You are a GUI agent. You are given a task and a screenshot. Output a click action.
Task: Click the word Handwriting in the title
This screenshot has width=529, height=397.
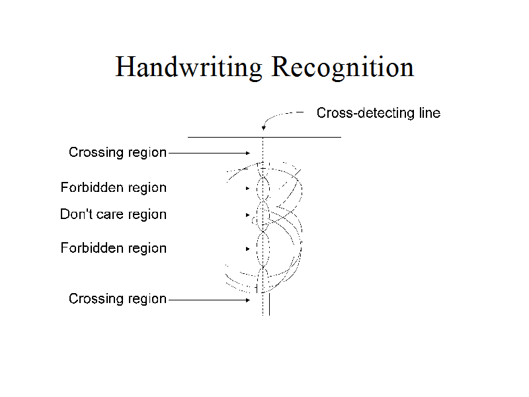[189, 67]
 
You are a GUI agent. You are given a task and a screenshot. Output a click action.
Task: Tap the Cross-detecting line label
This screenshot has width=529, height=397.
[378, 113]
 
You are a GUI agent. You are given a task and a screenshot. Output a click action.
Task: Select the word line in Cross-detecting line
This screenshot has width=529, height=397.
[429, 113]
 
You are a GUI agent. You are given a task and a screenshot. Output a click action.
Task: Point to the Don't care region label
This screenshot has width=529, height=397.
[113, 214]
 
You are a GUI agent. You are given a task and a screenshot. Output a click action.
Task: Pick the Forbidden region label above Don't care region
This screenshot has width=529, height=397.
[113, 188]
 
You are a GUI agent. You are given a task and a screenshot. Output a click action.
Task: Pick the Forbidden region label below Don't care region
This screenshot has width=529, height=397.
[113, 248]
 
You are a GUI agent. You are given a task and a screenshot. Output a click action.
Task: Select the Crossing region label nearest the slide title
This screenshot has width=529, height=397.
[117, 153]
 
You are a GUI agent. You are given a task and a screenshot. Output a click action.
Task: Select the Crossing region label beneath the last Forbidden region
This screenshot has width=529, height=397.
[117, 299]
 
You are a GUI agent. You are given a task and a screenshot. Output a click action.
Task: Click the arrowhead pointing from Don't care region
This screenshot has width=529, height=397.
[248, 215]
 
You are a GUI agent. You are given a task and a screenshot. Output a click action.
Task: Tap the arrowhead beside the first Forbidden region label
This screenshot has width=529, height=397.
[248, 189]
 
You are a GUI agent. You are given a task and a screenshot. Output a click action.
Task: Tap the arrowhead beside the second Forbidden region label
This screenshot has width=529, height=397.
[248, 249]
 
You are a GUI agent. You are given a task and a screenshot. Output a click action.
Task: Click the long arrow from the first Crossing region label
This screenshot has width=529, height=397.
[208, 153]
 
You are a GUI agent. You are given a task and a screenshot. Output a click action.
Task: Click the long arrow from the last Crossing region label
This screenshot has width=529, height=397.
[208, 299]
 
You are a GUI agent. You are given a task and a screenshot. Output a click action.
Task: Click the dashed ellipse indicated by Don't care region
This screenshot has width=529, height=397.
[263, 214]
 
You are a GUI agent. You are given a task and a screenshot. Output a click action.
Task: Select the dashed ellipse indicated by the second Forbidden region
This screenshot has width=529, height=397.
[263, 249]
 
